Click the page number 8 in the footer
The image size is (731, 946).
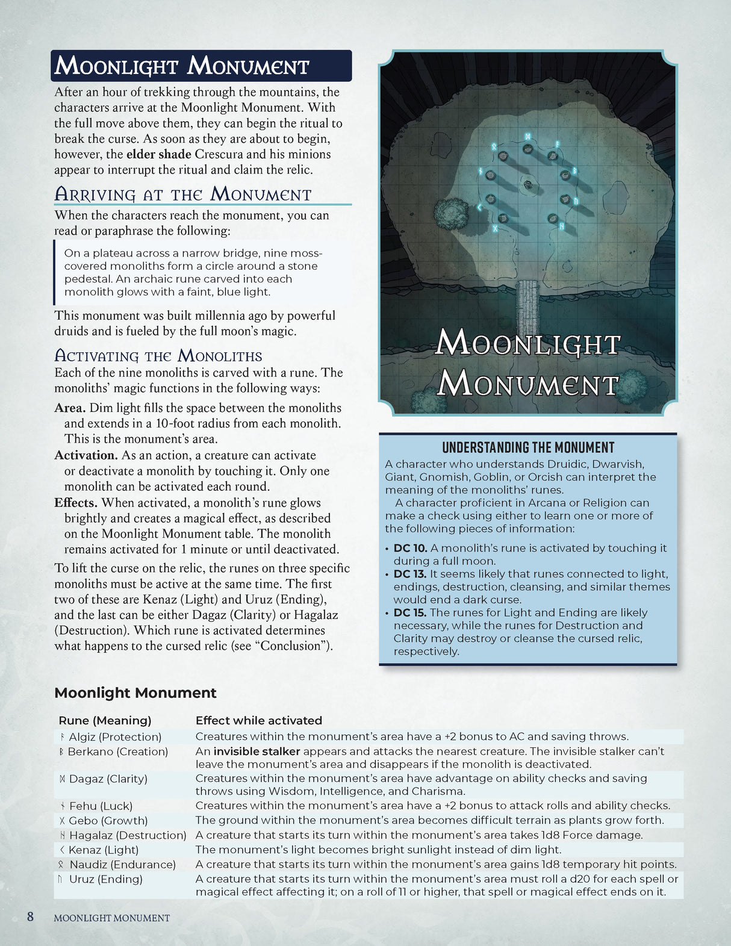coord(30,917)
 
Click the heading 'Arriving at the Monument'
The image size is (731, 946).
coord(182,194)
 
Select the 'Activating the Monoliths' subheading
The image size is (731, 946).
coord(158,355)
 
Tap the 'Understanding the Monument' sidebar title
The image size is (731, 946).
coord(528,447)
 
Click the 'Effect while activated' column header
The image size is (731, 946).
coord(259,720)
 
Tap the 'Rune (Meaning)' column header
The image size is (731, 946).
coord(105,720)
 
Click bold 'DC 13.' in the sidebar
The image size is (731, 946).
coord(410,574)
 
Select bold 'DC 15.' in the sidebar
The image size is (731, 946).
coord(410,612)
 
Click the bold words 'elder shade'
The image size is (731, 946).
coord(158,154)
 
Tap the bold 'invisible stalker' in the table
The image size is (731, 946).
coord(257,752)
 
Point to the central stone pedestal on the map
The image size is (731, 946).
coord(528,185)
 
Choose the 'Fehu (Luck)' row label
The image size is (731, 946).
coord(101,806)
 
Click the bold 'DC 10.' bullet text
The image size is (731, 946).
coord(410,548)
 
